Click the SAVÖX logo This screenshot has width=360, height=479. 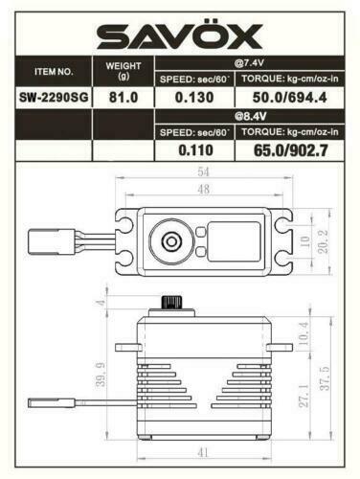click(x=180, y=34)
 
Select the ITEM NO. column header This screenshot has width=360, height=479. click(x=54, y=72)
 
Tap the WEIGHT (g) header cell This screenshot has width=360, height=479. click(x=124, y=71)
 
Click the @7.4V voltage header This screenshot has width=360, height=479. click(x=249, y=63)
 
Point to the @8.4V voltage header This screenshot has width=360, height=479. click(x=250, y=116)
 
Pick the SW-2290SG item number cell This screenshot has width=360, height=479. click(x=54, y=98)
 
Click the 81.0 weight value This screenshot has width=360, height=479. click(x=124, y=98)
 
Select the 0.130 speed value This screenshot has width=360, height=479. click(x=194, y=98)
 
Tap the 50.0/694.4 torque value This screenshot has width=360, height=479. click(x=289, y=98)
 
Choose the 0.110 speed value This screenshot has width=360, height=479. click(x=195, y=150)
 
